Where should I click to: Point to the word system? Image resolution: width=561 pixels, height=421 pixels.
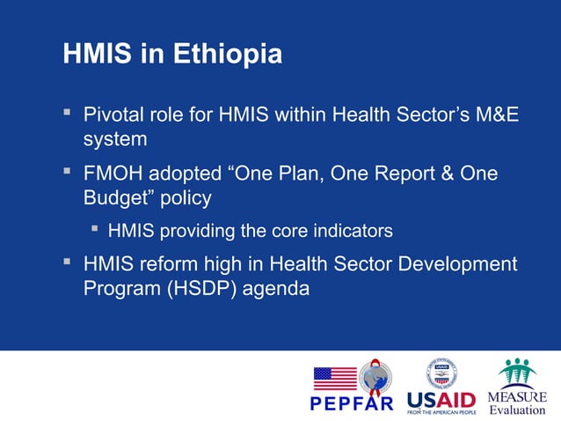[115, 140]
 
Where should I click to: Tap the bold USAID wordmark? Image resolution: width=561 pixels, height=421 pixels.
[440, 399]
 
